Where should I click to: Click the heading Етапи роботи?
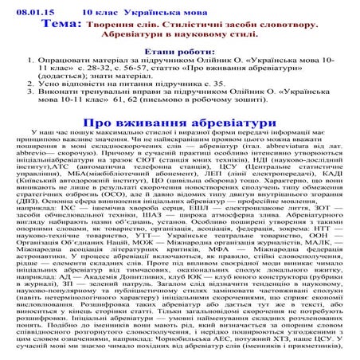pos(179,69)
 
